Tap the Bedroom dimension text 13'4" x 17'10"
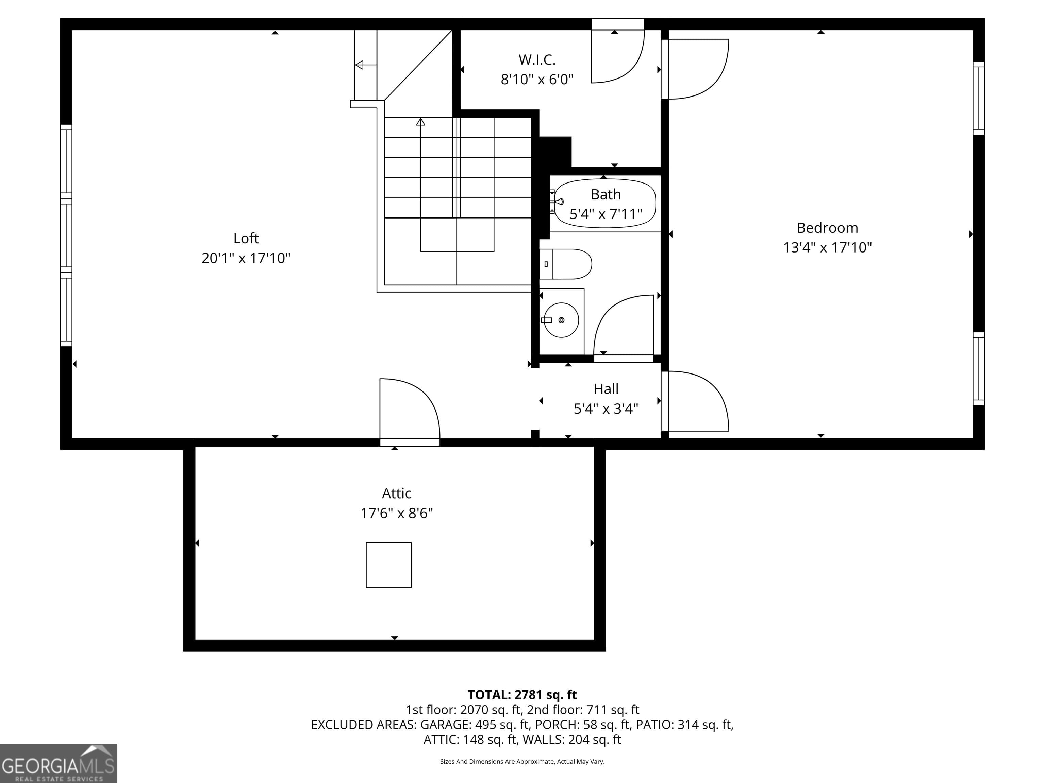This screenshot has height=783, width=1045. pos(827,247)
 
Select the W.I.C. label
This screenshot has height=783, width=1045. pos(537,60)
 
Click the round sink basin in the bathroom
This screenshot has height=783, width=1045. pos(561,320)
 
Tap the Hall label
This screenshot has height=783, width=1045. pos(606,389)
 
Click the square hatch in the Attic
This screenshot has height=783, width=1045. pos(388,565)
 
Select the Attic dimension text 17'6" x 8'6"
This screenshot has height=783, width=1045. pos(396,513)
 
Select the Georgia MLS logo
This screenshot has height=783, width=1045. pos(58,763)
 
